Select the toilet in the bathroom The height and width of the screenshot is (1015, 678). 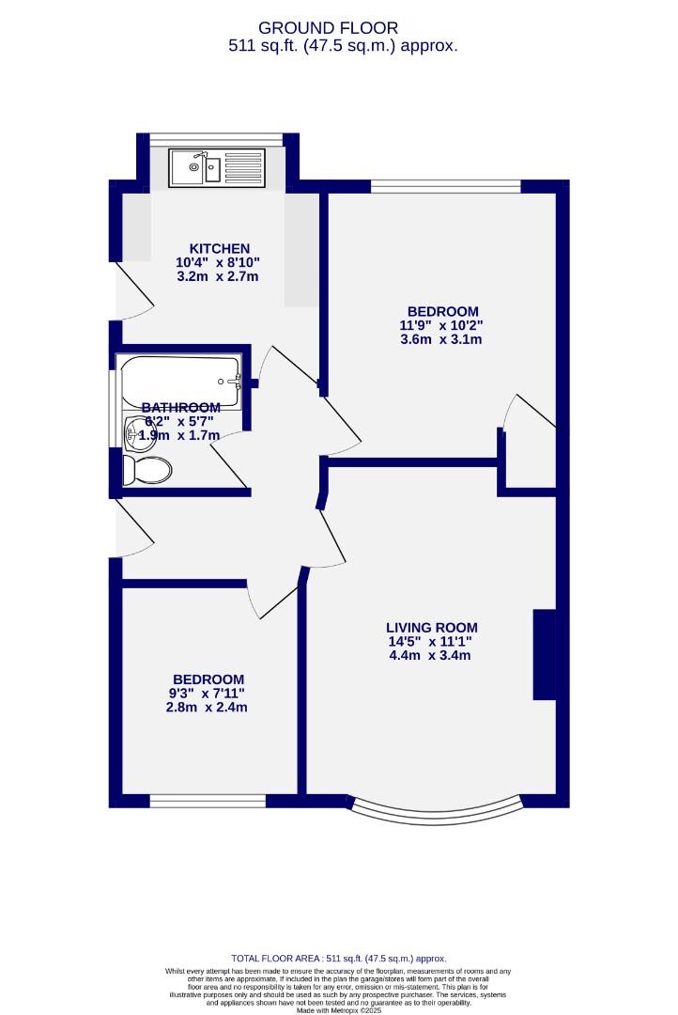pyautogui.click(x=147, y=470)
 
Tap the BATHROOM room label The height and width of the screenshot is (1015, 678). pyautogui.click(x=181, y=407)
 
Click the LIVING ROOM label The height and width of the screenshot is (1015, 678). pyautogui.click(x=432, y=628)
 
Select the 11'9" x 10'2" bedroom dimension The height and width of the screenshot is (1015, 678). pyautogui.click(x=442, y=325)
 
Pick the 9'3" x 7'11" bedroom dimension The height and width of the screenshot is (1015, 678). pyautogui.click(x=208, y=694)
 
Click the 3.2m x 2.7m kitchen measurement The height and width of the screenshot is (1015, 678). pyautogui.click(x=218, y=276)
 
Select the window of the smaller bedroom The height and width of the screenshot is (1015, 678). pyautogui.click(x=208, y=801)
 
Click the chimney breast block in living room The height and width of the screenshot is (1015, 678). pyautogui.click(x=545, y=655)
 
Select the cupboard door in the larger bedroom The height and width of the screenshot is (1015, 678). pyautogui.click(x=532, y=414)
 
